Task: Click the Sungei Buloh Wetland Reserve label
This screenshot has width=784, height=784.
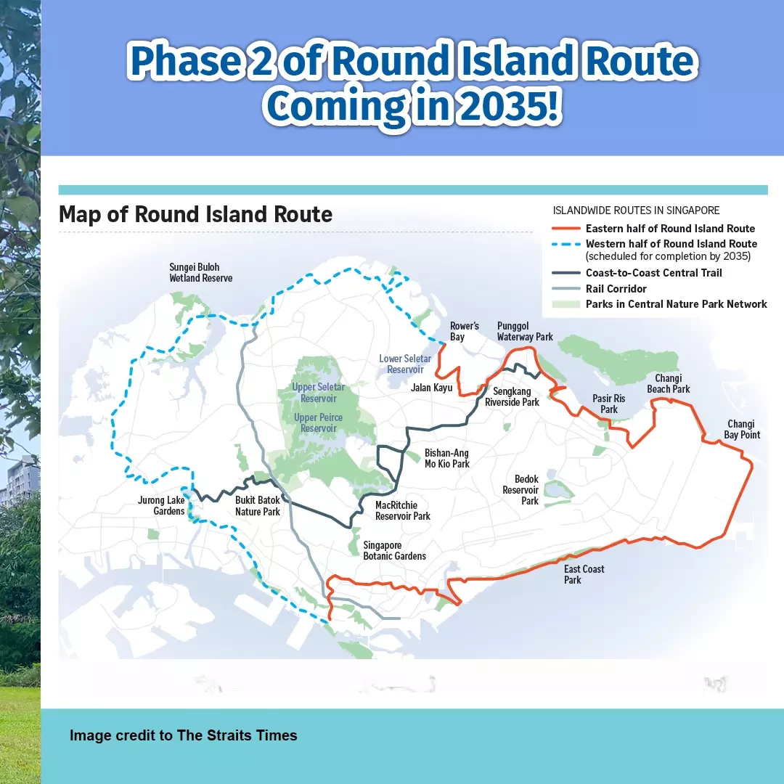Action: [x=200, y=272]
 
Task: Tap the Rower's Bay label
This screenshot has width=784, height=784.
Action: [x=464, y=331]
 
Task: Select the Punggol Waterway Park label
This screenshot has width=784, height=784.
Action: [x=525, y=331]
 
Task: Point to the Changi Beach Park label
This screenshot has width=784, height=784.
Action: [x=668, y=383]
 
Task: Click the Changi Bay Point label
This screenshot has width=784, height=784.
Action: [x=741, y=429]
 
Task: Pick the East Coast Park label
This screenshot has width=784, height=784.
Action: [x=584, y=574]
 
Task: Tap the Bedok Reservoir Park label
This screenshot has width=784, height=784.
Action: [x=520, y=490]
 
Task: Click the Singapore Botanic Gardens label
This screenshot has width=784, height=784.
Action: [x=394, y=550]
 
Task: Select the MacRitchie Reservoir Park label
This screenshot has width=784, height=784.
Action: [x=402, y=510]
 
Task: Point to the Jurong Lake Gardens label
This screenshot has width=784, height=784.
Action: [x=161, y=505]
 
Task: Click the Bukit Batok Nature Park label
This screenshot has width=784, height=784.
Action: [x=258, y=505]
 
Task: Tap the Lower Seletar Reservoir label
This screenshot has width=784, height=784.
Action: [x=405, y=364]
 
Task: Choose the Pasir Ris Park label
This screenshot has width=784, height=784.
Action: [x=608, y=404]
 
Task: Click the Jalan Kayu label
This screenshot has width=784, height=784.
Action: [x=431, y=388]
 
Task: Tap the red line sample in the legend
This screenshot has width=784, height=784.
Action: [x=566, y=229]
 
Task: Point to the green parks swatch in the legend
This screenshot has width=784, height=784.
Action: [x=566, y=304]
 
